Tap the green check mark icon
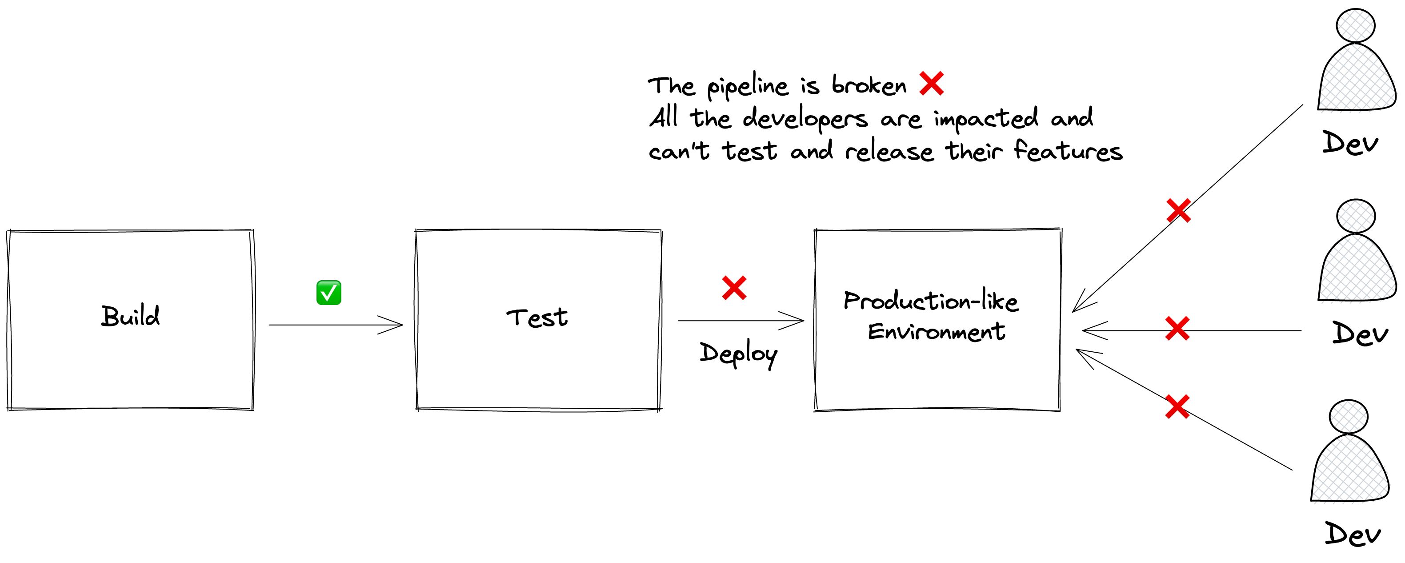[x=329, y=293]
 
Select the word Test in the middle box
[x=537, y=318]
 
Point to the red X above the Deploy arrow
[x=734, y=288]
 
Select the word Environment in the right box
[x=936, y=331]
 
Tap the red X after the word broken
[x=932, y=84]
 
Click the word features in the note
[x=1068, y=151]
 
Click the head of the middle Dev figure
[x=1355, y=216]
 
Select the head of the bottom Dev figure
[x=1348, y=417]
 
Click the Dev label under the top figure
[x=1350, y=144]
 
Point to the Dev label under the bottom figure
[x=1353, y=534]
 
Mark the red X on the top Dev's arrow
[x=1179, y=211]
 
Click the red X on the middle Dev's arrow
[x=1177, y=329]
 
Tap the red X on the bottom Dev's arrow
[x=1177, y=407]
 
